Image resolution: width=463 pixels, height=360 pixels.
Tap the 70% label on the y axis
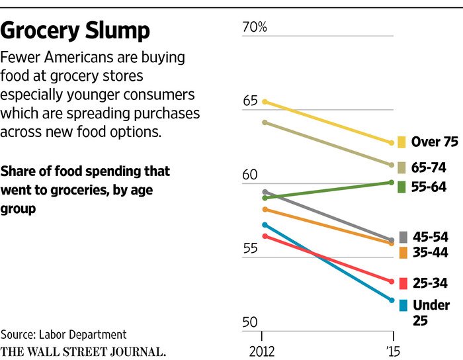254,27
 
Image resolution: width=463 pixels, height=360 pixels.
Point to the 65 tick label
249,101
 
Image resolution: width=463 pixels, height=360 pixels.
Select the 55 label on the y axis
249,249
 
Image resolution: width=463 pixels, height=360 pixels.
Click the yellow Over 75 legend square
401,142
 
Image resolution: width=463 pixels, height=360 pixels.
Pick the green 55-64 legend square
401,187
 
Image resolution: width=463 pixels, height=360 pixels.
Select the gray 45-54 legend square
403,237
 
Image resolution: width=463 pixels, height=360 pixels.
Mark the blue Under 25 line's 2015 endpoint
392,300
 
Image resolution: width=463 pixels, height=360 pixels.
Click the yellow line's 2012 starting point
264,101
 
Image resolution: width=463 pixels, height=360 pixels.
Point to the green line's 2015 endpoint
392,182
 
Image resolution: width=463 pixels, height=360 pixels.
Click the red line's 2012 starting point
264,236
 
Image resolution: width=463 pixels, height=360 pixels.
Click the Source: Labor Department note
63,334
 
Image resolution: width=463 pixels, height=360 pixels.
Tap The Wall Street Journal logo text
83,350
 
